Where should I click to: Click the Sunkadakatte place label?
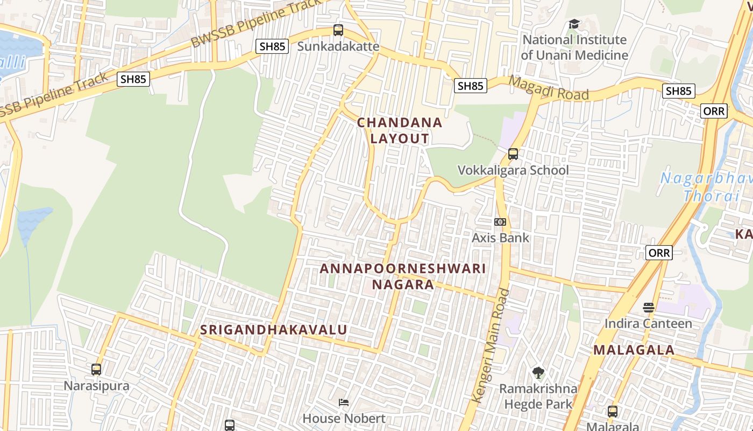pos(338,46)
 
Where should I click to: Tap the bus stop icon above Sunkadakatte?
pos(338,30)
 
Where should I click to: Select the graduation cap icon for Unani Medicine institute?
pos(574,24)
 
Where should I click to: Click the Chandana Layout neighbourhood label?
pos(400,130)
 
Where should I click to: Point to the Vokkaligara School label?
pos(513,170)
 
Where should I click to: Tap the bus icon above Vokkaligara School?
pos(513,154)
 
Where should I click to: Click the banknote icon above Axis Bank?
pos(500,222)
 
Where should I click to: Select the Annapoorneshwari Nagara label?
pos(403,276)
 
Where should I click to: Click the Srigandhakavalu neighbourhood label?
pos(274,330)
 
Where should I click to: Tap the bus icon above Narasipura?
pos(96,370)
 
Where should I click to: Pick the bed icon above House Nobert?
pos(344,402)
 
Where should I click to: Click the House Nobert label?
pos(344,418)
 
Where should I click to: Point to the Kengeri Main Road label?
pos(489,345)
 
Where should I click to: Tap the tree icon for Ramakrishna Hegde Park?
pos(538,372)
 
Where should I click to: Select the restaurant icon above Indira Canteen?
pos(649,308)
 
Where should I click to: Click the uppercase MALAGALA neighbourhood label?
pos(634,350)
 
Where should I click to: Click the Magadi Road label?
pos(548,88)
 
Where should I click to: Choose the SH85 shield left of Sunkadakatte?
pos(272,46)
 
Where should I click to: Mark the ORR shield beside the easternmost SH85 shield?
pos(714,111)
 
